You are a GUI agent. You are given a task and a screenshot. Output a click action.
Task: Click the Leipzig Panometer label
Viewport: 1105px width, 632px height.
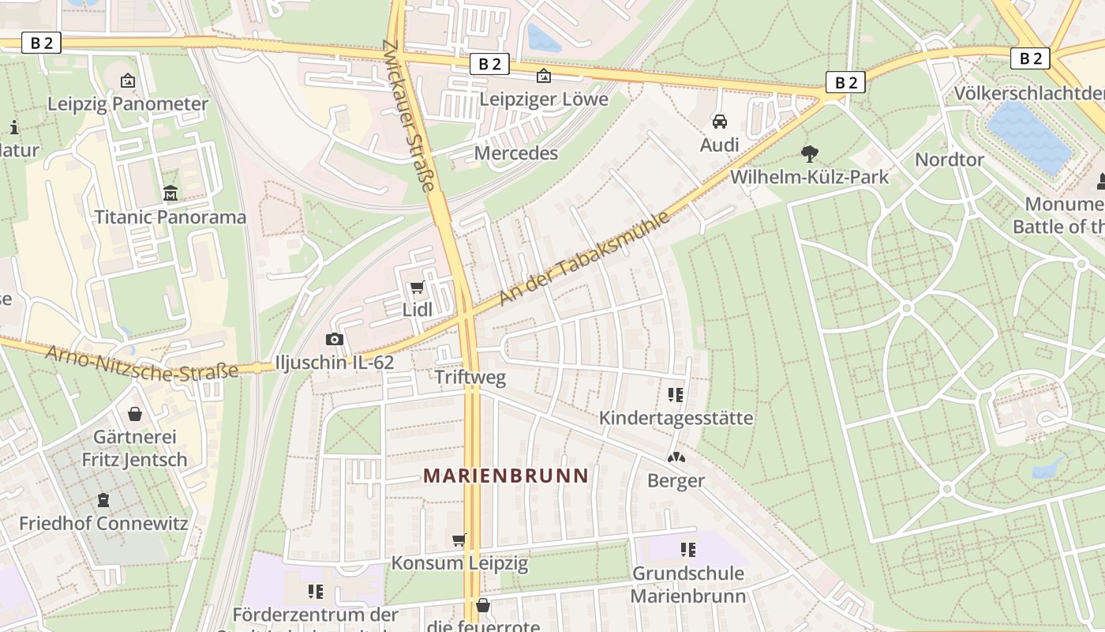pos(128,103)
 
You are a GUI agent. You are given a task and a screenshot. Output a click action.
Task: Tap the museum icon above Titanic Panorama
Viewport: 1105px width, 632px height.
pos(170,193)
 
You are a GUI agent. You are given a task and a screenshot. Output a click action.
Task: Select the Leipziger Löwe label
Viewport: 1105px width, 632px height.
pos(544,99)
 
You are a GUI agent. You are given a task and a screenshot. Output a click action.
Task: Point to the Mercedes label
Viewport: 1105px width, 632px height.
pos(516,152)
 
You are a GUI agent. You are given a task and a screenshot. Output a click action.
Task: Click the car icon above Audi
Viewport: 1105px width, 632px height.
pos(719,122)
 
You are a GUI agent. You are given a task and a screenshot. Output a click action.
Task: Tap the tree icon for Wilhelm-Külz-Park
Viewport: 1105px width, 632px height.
pos(809,153)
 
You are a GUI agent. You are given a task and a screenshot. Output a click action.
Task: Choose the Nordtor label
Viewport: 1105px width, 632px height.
pos(950,160)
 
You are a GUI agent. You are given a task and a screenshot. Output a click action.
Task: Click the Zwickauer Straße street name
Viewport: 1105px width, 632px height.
pos(409,116)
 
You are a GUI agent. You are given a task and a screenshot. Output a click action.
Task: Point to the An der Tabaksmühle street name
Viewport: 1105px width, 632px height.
pos(584,258)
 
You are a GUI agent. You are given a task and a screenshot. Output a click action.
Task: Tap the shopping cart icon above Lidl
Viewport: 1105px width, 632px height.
pos(417,288)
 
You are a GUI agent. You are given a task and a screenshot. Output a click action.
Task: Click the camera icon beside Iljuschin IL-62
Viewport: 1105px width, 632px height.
pos(335,340)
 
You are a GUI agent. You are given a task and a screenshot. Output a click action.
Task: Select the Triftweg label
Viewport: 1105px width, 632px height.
pos(470,378)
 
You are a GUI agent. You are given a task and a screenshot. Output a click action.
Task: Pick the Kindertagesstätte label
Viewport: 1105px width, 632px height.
pos(676,417)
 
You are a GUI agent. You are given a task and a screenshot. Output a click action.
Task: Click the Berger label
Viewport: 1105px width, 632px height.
pos(676,480)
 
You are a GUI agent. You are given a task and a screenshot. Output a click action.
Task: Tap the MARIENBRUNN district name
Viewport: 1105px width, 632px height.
pos(506,476)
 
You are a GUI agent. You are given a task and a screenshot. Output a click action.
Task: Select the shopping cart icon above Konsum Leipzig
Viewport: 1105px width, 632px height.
pos(459,540)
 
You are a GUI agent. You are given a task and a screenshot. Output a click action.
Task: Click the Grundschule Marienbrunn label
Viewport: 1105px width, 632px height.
pos(688,585)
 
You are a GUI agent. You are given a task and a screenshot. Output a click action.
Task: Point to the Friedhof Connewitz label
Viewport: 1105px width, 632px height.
pos(103,523)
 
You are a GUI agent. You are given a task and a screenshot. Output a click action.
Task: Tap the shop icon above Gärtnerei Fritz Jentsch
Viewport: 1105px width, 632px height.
pos(135,414)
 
